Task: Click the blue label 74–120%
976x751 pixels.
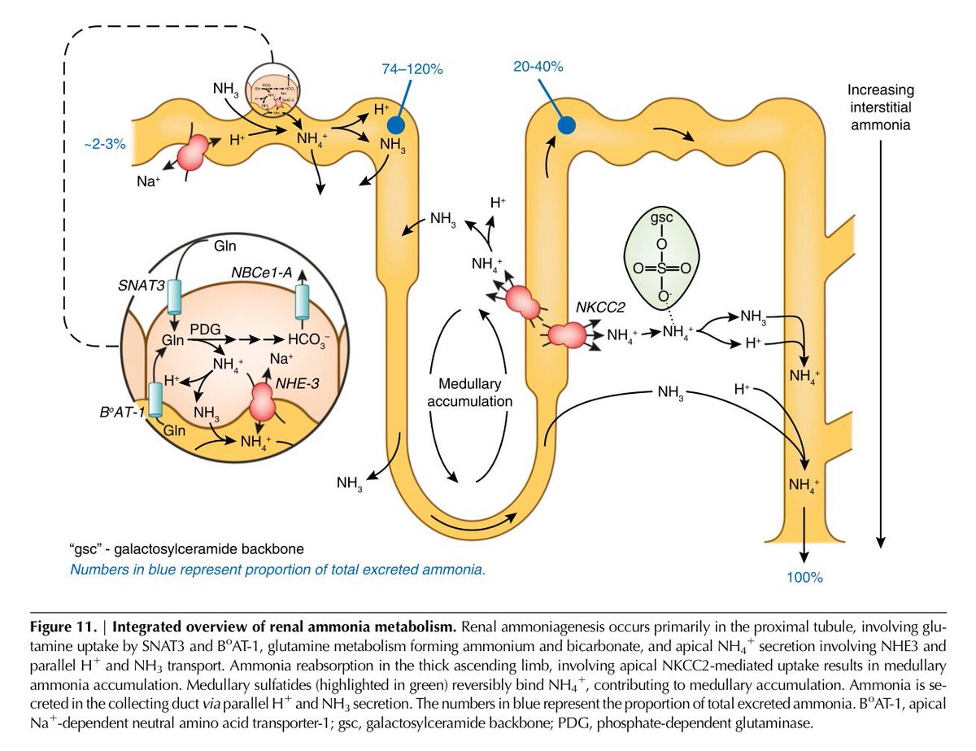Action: click(x=412, y=70)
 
